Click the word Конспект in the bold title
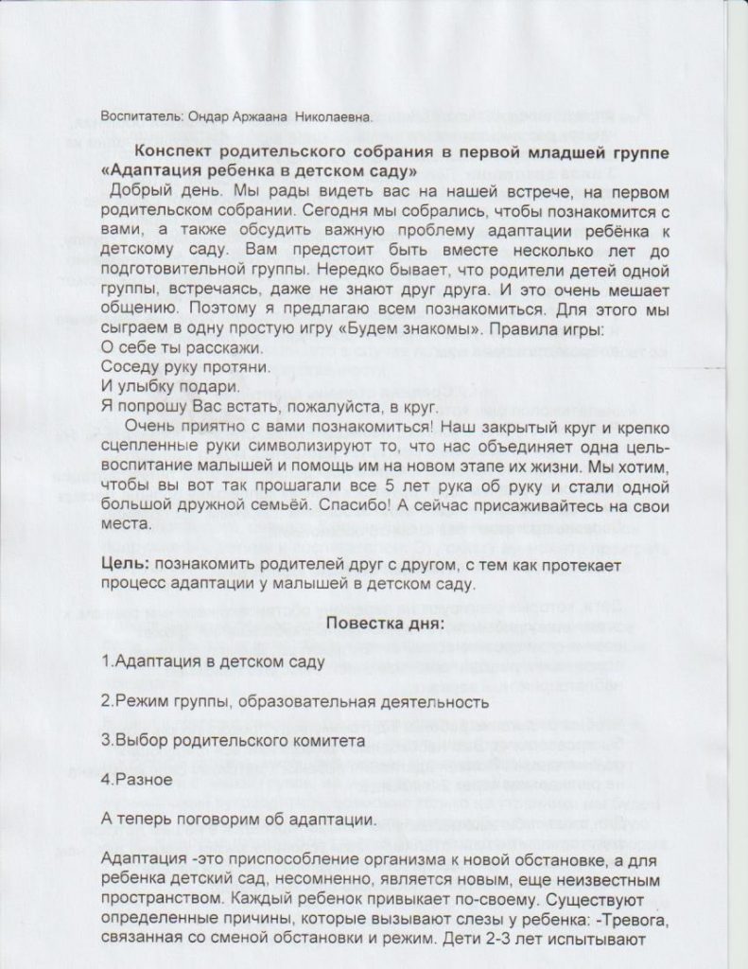click(x=182, y=152)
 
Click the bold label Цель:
click(x=125, y=565)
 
